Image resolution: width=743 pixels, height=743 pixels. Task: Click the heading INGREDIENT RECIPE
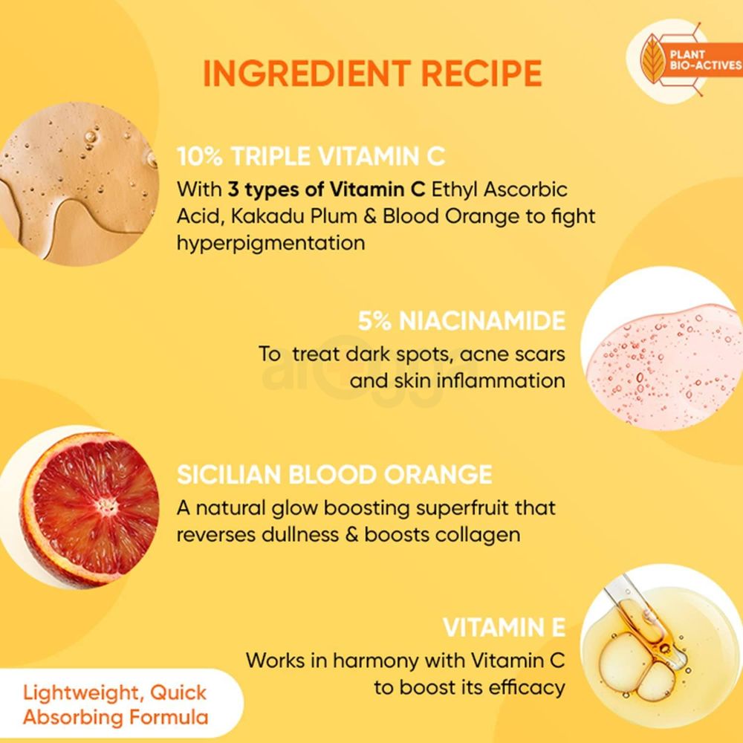371,74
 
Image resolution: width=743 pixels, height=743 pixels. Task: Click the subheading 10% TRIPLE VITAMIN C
311,157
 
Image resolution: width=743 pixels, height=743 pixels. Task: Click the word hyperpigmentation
270,242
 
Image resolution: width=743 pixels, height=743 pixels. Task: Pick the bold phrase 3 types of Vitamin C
322,189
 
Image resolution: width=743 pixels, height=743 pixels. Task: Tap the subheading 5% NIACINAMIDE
461,321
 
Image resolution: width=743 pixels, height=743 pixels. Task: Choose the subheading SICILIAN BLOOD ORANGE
334,474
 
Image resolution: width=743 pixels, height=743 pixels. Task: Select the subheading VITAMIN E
504,628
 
